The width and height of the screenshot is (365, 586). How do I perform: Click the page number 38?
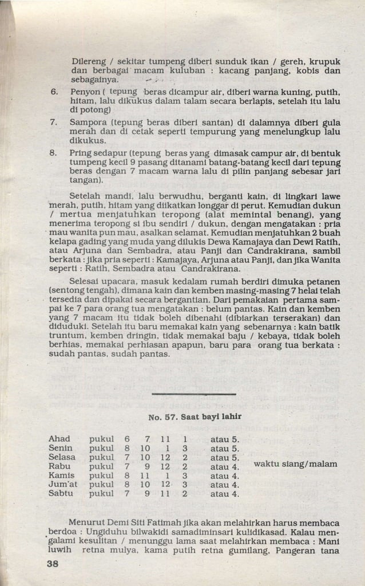point(56,564)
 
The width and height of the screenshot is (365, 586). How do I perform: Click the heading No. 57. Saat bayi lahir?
point(195,416)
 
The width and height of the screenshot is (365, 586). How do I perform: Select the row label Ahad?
point(59,439)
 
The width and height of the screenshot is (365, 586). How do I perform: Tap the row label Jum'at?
point(64,484)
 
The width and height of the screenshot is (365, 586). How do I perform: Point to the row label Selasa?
point(62,457)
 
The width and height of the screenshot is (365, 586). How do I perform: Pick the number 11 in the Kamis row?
point(146,475)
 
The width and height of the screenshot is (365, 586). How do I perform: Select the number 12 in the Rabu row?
point(165,466)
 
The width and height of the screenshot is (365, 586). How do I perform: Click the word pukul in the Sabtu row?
point(102,493)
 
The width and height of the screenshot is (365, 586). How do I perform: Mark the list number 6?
point(54,91)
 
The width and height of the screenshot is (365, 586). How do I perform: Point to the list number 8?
point(54,153)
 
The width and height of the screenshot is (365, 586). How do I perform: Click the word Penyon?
point(84,91)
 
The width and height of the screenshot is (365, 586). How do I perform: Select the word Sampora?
point(87,122)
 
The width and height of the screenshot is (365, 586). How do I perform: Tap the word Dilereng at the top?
point(89,61)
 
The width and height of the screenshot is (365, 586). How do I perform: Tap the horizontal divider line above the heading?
point(195,394)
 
